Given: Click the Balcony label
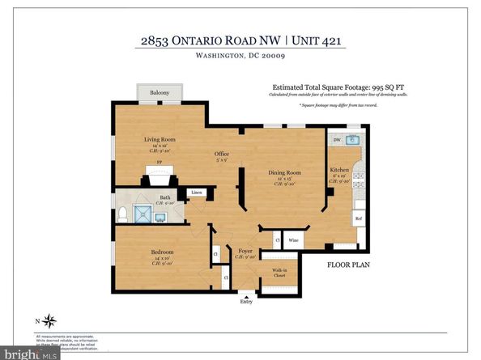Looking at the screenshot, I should click(x=160, y=94).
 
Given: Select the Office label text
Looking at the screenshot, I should click(x=221, y=154).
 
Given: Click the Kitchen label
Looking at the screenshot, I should click(x=340, y=170).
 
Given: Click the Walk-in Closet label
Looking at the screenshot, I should click(x=279, y=273).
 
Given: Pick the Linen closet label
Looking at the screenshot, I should click(x=197, y=193).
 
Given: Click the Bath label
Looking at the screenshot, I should click(x=164, y=197).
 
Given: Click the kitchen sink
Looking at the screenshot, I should click(x=351, y=140).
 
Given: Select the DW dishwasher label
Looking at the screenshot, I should click(x=336, y=140).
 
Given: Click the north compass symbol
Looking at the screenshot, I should click(x=50, y=319).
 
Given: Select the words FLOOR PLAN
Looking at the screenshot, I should click(x=349, y=265).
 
